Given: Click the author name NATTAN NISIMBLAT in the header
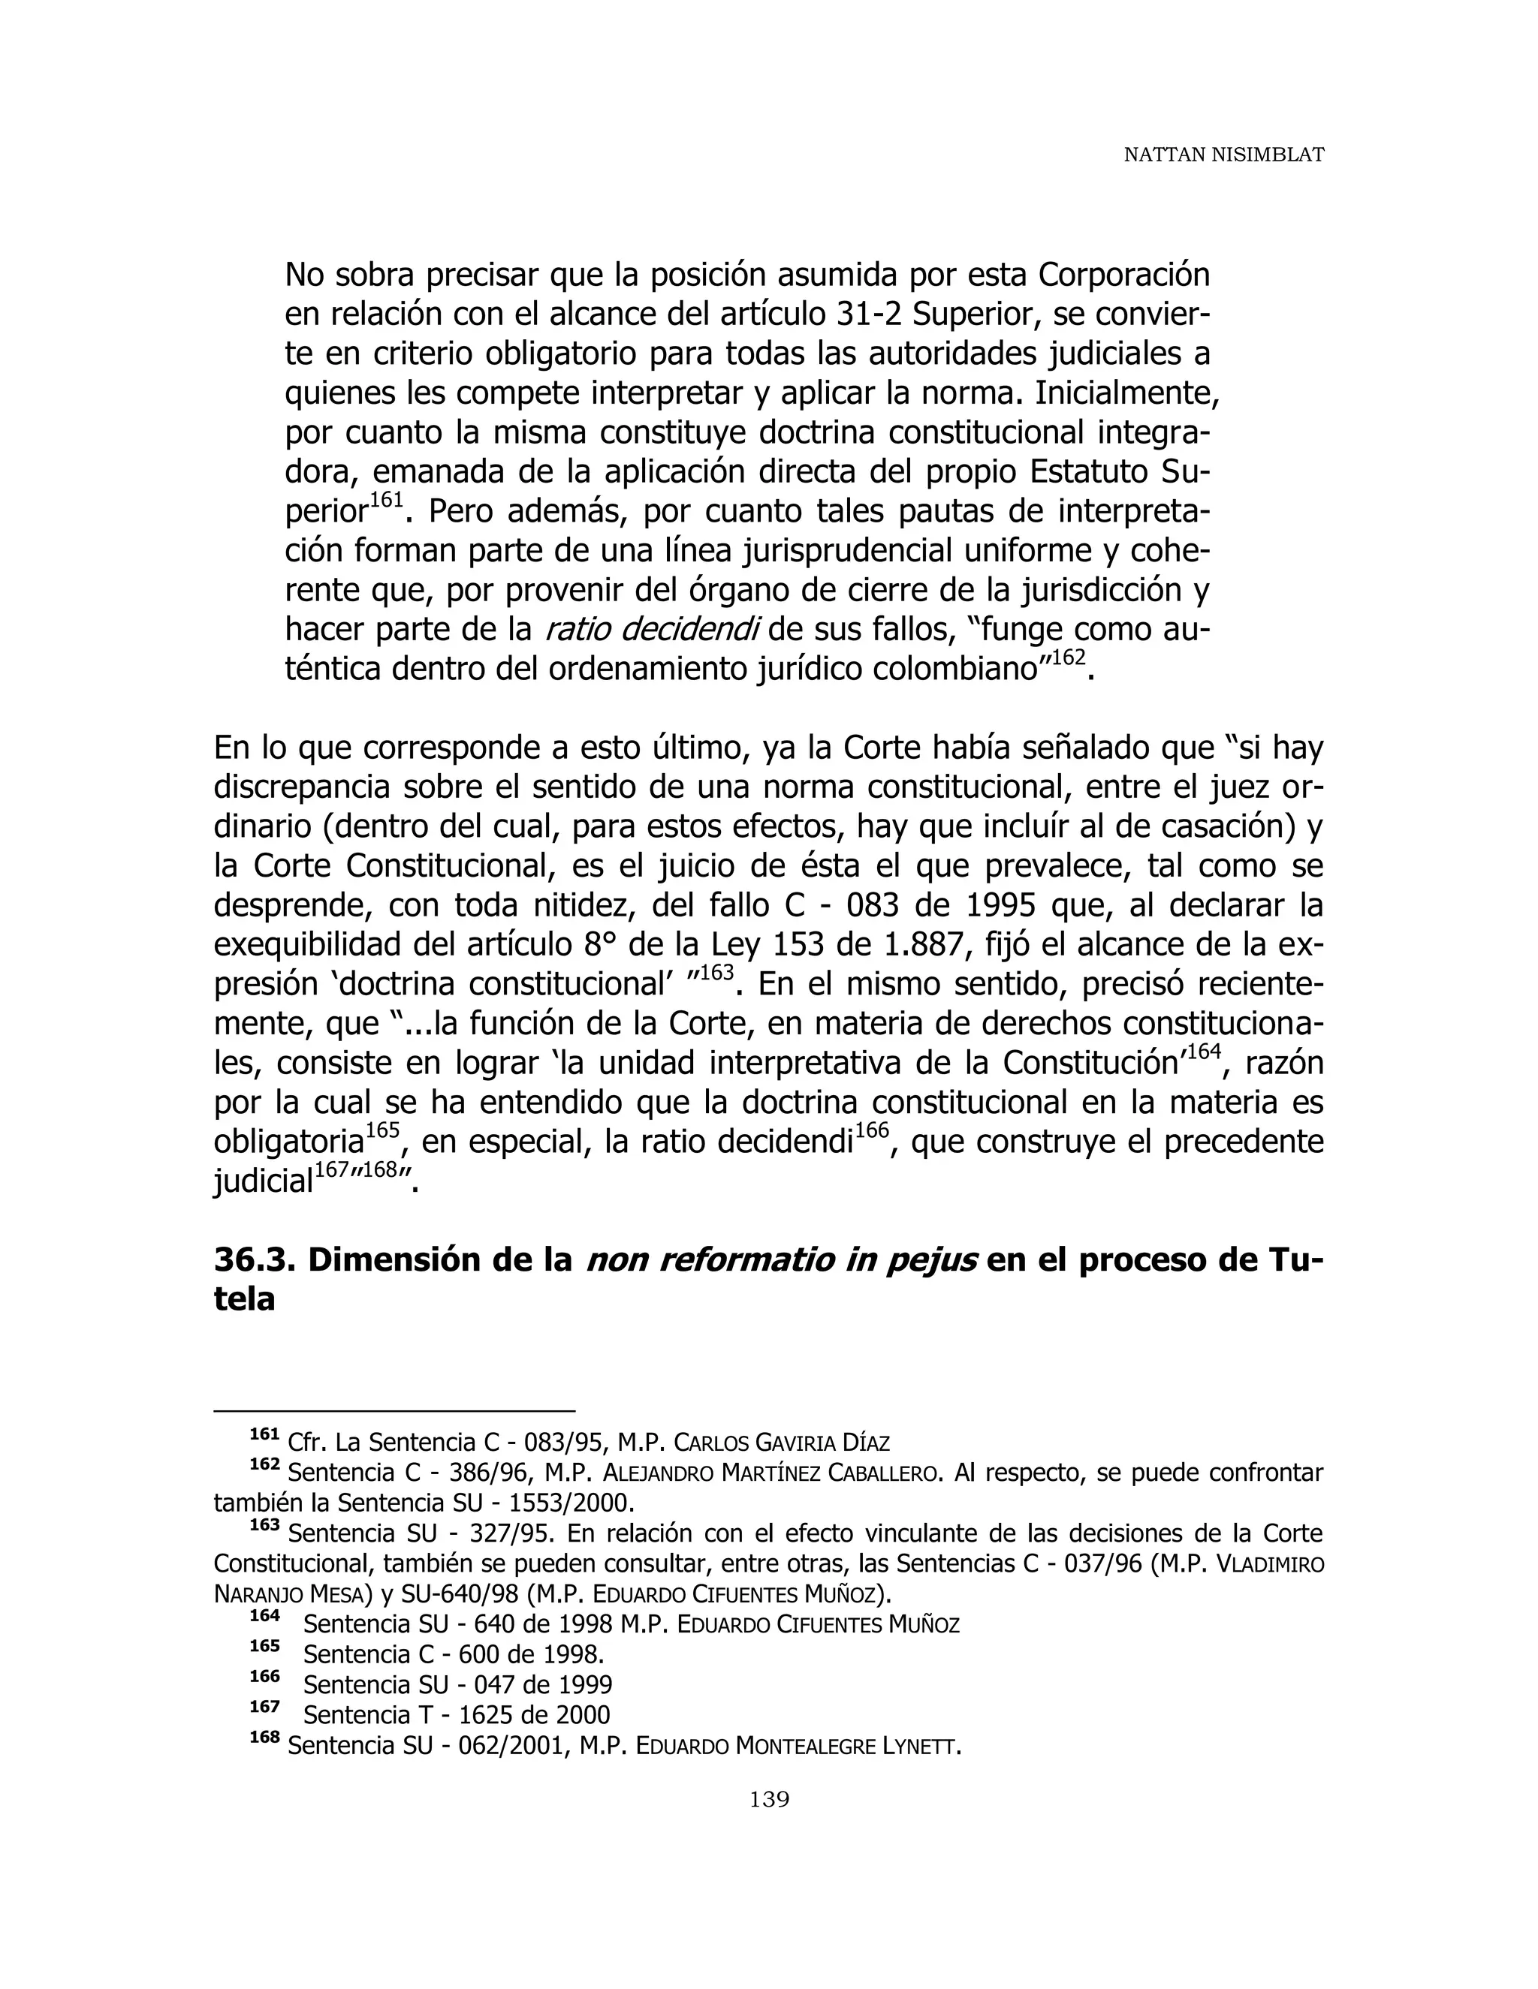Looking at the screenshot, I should coord(1223,155).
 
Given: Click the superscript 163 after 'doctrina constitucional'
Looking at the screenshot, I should coord(718,973).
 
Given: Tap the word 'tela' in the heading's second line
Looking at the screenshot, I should coord(243,1299).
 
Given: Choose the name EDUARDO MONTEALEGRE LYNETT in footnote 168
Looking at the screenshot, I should coord(798,1747).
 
